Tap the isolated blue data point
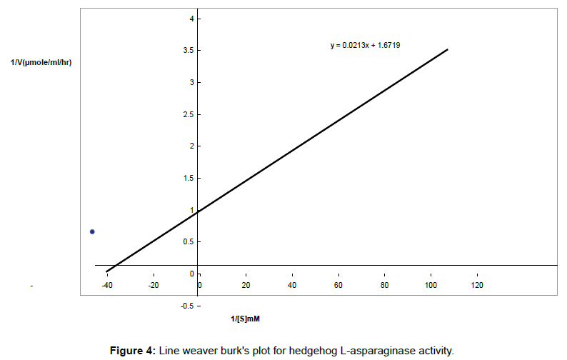click(92, 231)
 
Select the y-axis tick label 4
click(191, 19)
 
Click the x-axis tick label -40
click(107, 286)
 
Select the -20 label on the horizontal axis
click(154, 286)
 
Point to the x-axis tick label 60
click(338, 286)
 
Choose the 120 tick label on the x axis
click(478, 286)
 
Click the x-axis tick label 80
click(385, 286)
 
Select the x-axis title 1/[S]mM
click(245, 318)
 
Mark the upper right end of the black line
click(447, 49)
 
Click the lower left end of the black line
click(106, 271)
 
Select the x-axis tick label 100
click(431, 286)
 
